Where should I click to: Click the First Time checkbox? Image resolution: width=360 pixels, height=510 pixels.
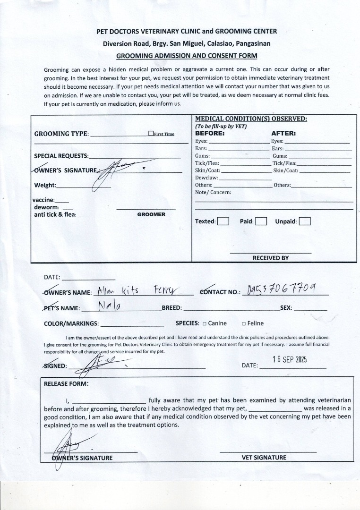(151, 134)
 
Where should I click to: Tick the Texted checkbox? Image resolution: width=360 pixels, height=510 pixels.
(223, 221)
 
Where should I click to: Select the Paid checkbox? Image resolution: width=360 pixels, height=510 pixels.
(261, 221)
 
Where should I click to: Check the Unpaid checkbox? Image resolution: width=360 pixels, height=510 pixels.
(305, 221)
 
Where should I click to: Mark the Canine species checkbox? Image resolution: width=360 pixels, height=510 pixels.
(205, 323)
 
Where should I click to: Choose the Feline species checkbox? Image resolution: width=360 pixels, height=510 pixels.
(243, 323)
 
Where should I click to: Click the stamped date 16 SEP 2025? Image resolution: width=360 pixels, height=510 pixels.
(290, 359)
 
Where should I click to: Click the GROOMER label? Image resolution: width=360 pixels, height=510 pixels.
(151, 214)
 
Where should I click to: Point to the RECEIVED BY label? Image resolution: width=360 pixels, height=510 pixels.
(270, 258)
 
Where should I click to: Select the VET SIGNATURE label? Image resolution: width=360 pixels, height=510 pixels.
(264, 457)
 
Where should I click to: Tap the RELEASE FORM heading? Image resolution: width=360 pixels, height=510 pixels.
(66, 384)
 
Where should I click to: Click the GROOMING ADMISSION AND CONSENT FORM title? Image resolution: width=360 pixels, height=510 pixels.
(187, 56)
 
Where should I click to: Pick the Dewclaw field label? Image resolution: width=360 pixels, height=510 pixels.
(206, 178)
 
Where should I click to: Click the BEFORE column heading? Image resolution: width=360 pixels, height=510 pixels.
(210, 133)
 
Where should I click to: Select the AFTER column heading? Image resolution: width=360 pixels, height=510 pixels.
(283, 133)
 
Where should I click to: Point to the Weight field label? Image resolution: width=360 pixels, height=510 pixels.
(45, 185)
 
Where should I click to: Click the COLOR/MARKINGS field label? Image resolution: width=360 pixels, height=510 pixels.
(71, 323)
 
